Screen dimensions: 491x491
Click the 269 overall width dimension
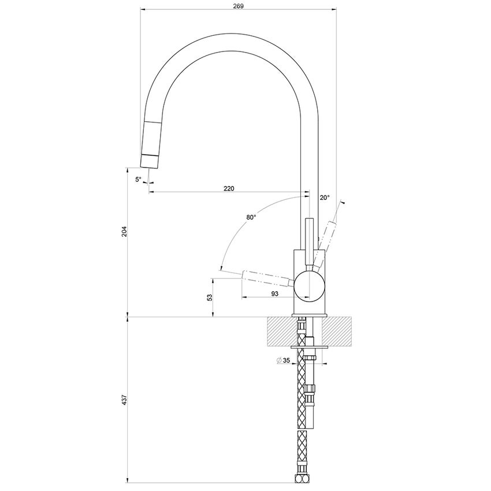[239, 6]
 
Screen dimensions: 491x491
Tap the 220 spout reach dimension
[229, 188]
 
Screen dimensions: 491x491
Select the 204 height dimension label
[124, 231]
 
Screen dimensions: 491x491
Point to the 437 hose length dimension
[124, 400]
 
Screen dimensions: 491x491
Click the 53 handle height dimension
[210, 297]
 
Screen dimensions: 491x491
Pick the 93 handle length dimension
[274, 293]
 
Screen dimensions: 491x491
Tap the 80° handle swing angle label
[251, 217]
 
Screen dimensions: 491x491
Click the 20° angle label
[325, 198]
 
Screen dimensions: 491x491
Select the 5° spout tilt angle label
[139, 180]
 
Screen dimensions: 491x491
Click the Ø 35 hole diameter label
[284, 360]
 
